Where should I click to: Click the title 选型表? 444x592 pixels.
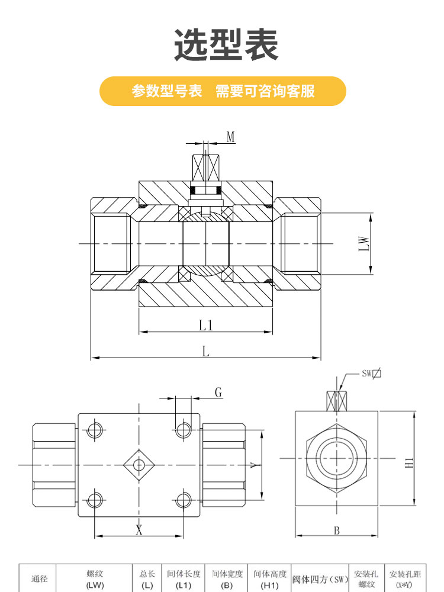point(226,46)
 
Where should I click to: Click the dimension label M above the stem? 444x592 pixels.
point(231,137)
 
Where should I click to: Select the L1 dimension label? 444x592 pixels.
point(205,325)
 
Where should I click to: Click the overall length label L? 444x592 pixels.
point(205,351)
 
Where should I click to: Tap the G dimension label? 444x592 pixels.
point(218,392)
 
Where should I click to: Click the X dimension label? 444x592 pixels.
point(139,530)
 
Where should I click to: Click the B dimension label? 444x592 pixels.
point(336,530)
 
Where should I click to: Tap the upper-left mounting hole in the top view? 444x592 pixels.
point(95,430)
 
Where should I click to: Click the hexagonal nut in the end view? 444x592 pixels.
point(336,458)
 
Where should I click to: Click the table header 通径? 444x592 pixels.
point(39,578)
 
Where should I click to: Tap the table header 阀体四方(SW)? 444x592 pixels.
point(320,578)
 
